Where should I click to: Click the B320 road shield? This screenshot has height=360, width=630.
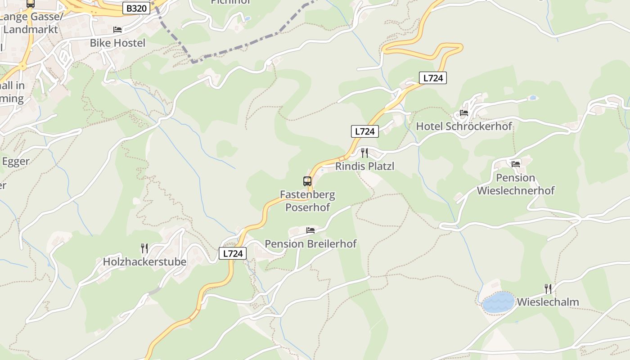click(136, 8)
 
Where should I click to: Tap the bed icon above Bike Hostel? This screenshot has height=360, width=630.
click(117, 30)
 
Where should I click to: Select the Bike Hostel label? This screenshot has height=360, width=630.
click(117, 43)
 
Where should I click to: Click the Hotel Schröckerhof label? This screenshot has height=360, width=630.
click(464, 126)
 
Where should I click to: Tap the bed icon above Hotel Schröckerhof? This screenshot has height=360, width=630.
click(464, 113)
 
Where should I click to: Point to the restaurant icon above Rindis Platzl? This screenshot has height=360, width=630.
click(364, 153)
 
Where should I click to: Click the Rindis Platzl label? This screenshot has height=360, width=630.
click(364, 166)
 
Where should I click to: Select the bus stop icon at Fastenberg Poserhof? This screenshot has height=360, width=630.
click(307, 181)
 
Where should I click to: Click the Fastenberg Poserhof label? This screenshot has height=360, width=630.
click(307, 201)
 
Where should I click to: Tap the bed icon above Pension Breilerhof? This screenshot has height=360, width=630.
click(310, 230)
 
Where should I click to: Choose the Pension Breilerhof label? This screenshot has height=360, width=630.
click(310, 243)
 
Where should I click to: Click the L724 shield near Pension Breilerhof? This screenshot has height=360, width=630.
click(233, 253)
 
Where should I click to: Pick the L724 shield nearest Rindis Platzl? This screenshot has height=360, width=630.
click(364, 131)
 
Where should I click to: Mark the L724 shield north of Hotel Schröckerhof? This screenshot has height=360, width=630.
click(433, 78)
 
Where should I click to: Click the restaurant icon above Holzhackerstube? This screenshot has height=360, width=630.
click(144, 248)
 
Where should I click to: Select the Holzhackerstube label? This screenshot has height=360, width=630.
click(144, 261)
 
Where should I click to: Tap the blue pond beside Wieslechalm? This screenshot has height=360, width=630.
click(499, 302)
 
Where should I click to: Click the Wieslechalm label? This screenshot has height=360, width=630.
click(548, 301)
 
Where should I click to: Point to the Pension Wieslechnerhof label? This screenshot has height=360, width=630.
click(516, 184)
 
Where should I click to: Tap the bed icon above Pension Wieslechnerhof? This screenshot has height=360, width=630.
click(516, 164)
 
